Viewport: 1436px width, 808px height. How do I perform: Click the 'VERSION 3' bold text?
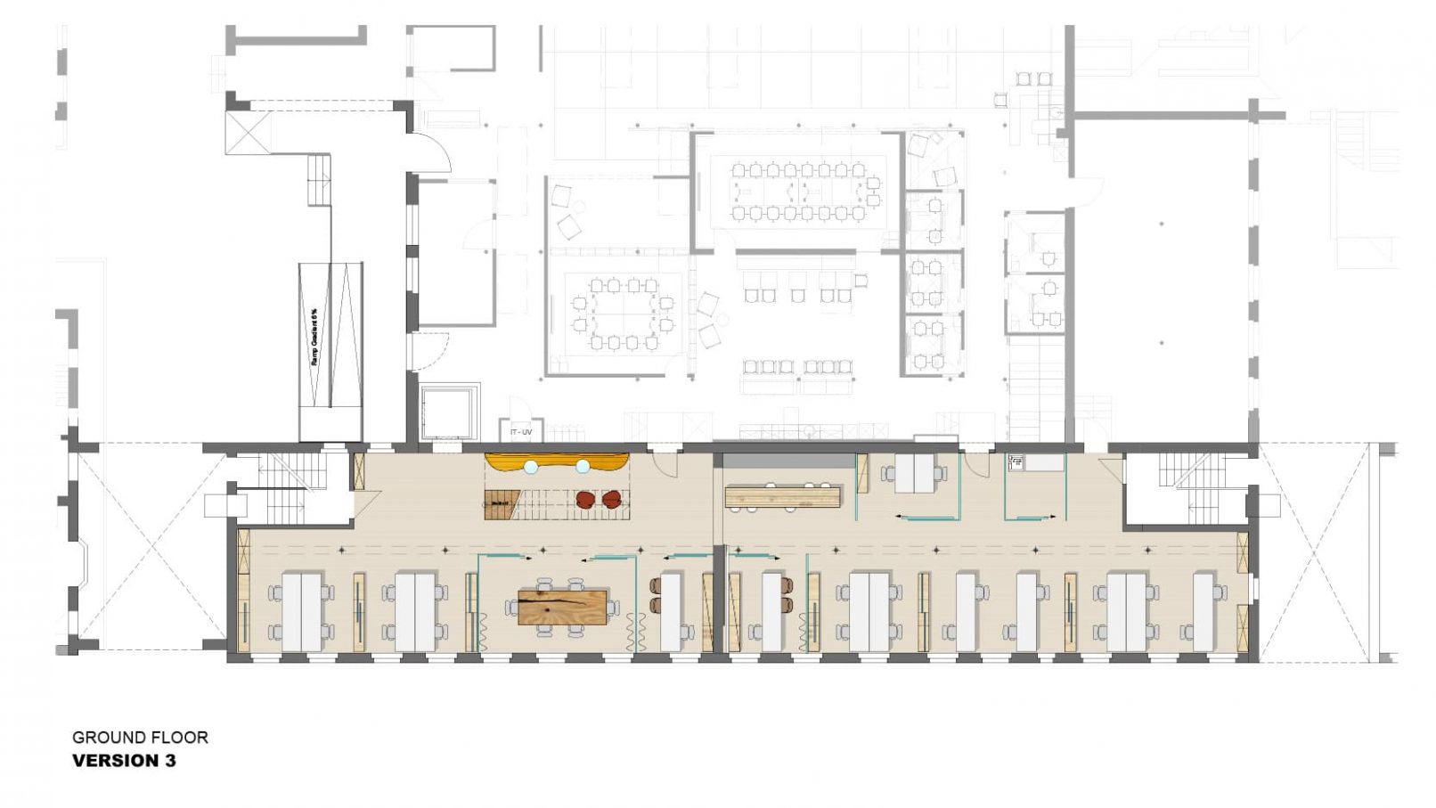tap(124, 761)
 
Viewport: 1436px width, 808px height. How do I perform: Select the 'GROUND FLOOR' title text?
tap(140, 738)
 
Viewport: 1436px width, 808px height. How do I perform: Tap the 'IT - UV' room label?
tap(521, 432)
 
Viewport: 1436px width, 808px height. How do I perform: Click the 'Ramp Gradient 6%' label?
tap(314, 337)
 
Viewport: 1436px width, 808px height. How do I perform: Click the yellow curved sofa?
tap(556, 461)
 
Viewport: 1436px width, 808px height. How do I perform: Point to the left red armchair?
tap(585, 500)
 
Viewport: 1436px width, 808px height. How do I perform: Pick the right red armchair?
tap(611, 500)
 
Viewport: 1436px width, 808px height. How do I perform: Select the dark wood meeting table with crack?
tap(563, 607)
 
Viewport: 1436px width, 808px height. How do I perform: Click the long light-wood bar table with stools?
tap(783, 496)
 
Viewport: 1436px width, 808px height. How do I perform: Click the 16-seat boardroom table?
tap(798, 192)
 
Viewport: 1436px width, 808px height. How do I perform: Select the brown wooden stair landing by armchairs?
tap(501, 504)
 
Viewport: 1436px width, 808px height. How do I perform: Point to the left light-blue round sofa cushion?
tap(531, 466)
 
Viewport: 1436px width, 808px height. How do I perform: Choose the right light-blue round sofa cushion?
tap(583, 466)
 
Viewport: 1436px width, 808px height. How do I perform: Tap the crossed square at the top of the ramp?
tap(247, 133)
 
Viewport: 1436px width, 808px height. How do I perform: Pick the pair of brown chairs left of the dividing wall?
tap(657, 595)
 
